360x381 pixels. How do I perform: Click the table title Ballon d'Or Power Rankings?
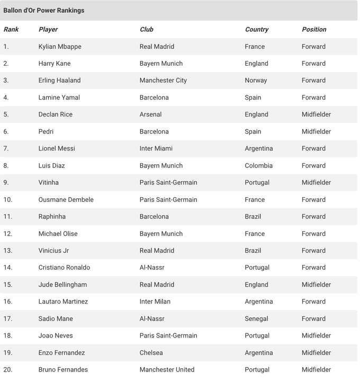click(x=44, y=11)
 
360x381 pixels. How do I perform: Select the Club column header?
click(x=147, y=30)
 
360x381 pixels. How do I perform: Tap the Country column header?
click(x=257, y=30)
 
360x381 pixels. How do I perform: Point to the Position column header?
click(x=314, y=30)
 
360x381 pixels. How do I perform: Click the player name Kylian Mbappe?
click(x=60, y=47)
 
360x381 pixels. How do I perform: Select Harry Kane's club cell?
click(x=161, y=64)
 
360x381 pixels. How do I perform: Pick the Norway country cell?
click(x=256, y=81)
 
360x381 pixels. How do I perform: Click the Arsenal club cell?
click(x=150, y=114)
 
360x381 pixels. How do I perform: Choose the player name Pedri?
click(x=46, y=131)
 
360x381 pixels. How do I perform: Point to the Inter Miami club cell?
click(x=156, y=148)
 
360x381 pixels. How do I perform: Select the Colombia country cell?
click(x=258, y=165)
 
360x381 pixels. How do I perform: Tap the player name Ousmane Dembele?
click(x=66, y=200)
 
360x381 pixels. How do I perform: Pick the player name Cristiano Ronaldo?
click(x=64, y=268)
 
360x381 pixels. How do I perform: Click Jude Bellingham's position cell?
click(x=316, y=285)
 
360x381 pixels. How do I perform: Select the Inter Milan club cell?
click(x=155, y=302)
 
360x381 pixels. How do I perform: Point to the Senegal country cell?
click(x=256, y=318)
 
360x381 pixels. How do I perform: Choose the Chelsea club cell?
click(x=151, y=352)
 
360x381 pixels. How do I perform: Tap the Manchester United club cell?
click(x=167, y=369)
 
